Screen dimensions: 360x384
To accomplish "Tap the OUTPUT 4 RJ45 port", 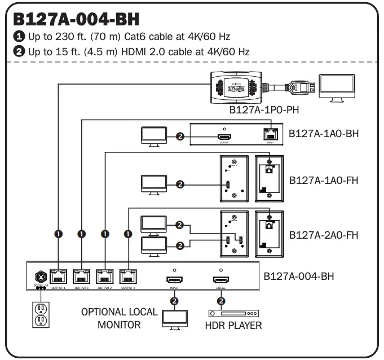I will pos(57,277).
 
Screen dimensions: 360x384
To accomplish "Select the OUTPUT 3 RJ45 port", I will pos(81,277).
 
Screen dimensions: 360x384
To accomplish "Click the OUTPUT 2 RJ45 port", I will pos(105,277).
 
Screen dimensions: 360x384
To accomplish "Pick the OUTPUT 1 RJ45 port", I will pos(129,277).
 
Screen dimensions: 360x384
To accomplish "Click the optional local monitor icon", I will pos(174,317).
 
